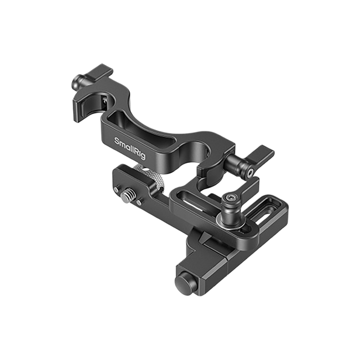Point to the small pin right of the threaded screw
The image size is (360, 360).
pyautogui.click(x=139, y=202)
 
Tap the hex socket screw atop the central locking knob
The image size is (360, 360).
pyautogui.click(x=230, y=196)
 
